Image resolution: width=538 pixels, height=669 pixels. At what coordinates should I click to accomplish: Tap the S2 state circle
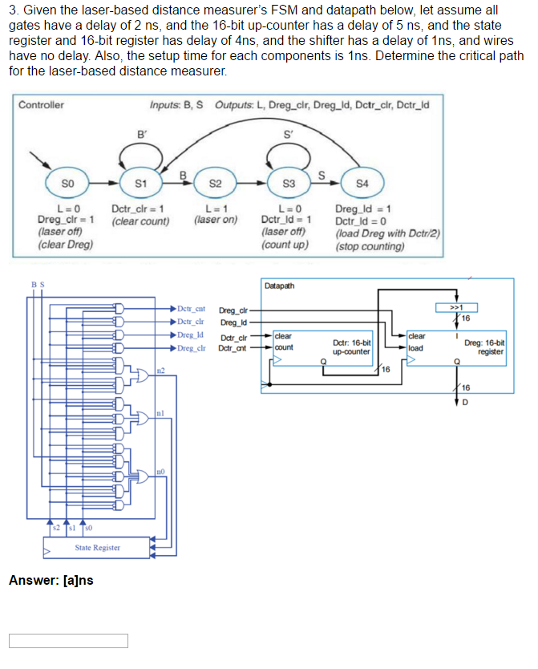point(215,184)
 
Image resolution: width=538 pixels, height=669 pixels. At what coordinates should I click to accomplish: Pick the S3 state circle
point(291,184)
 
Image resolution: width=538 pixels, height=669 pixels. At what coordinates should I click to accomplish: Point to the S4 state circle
point(362,184)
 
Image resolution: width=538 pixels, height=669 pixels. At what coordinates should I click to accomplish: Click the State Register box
point(98,547)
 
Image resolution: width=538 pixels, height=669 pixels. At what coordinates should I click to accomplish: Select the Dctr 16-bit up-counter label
point(351,347)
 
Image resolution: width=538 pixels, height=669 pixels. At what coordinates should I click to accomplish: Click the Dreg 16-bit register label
point(484,347)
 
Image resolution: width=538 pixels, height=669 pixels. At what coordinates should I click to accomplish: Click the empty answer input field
point(69,640)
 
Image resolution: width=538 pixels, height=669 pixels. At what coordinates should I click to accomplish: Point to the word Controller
point(42,104)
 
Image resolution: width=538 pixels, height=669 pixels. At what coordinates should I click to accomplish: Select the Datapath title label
point(278,286)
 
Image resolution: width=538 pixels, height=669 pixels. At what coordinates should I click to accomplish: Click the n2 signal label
point(160,369)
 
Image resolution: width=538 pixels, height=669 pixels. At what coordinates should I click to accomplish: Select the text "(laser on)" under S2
point(216,219)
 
